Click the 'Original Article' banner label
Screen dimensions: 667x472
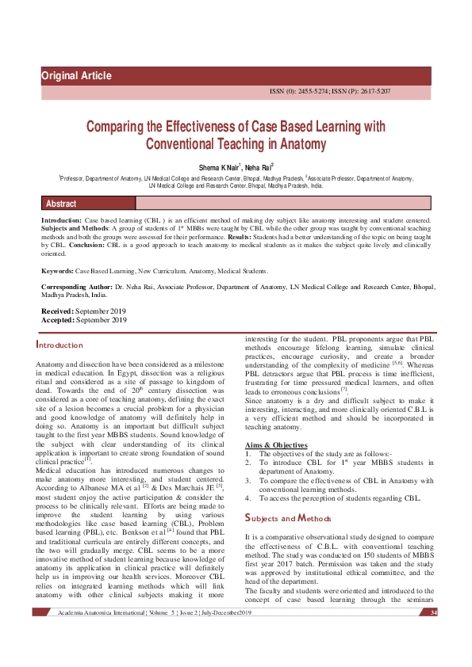[x=77, y=76]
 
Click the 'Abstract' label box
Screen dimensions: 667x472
[x=61, y=204]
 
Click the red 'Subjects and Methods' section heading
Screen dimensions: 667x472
[x=288, y=519]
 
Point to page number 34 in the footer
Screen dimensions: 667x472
[x=433, y=613]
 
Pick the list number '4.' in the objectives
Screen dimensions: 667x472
[x=248, y=497]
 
